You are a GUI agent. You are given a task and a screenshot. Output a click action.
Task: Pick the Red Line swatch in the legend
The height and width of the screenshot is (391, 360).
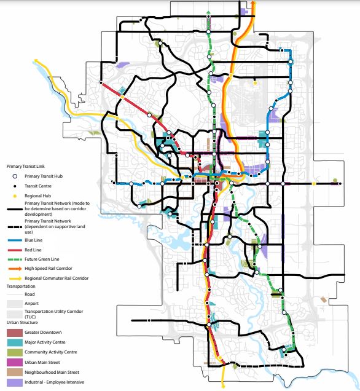14,251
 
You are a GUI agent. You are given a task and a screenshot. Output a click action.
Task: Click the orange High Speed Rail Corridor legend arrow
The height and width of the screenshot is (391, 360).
14,269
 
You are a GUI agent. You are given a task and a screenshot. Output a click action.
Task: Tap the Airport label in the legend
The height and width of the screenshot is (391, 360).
32,304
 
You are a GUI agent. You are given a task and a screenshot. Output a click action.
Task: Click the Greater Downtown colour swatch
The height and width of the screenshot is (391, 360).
14,333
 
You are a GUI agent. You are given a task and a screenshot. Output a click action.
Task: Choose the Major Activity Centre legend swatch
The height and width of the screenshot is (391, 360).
14,342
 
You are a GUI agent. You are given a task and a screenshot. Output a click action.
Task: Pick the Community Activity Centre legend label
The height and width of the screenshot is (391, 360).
50,352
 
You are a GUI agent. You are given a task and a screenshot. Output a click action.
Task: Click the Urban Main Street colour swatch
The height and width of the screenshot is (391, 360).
14,362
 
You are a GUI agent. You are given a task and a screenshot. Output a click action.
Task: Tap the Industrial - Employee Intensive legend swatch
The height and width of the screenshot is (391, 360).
14,382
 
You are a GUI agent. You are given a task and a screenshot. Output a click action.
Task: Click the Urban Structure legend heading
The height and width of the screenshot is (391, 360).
22,322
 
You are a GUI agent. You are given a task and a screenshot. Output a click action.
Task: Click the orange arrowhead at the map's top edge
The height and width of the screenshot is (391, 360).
252,4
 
